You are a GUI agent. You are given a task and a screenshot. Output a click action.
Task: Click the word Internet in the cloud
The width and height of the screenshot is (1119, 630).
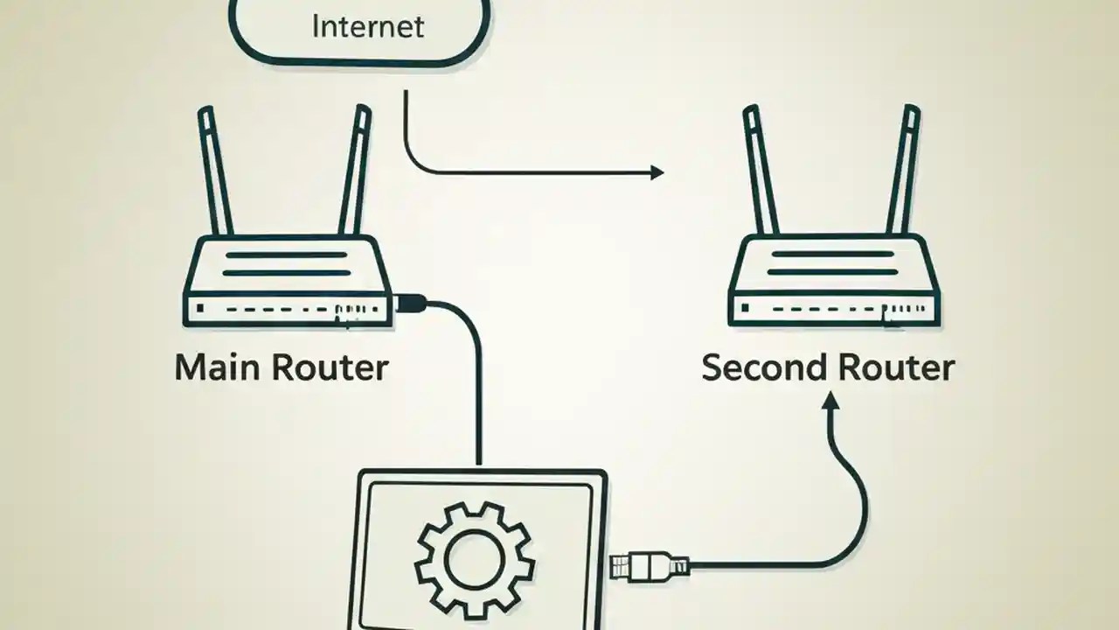pyautogui.click(x=367, y=25)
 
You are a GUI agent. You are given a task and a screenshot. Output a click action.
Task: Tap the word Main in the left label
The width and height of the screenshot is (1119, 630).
pyautogui.click(x=217, y=367)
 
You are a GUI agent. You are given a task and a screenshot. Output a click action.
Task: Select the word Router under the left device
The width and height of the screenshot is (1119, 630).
pyautogui.click(x=329, y=367)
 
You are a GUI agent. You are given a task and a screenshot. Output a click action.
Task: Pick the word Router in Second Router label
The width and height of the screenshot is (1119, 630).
pyautogui.click(x=893, y=367)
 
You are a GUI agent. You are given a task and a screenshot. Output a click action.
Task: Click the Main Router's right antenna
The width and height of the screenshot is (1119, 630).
pyautogui.click(x=353, y=171)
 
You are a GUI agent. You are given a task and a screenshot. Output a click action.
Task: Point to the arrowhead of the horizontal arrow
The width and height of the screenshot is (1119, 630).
pyautogui.click(x=657, y=172)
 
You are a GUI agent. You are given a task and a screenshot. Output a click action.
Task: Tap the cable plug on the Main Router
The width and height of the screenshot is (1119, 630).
pyautogui.click(x=409, y=304)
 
